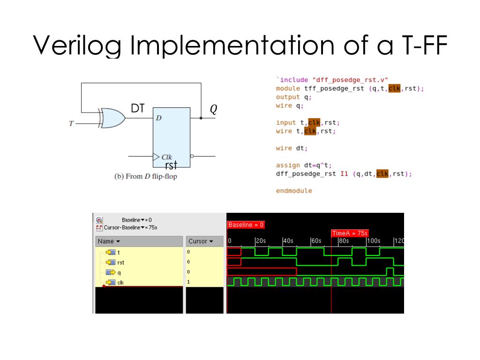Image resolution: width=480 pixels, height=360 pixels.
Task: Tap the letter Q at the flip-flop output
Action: (213, 109)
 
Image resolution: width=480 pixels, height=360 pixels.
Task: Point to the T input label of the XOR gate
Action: (71, 124)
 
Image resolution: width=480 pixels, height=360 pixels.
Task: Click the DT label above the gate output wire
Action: (137, 109)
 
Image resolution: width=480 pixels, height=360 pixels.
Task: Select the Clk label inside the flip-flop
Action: (166, 157)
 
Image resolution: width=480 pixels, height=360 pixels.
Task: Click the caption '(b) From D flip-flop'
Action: (146, 177)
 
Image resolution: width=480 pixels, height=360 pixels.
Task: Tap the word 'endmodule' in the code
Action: (294, 191)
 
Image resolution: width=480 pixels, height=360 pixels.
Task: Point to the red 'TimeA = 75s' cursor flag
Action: (350, 233)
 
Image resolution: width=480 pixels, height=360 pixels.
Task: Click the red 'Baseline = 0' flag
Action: (246, 225)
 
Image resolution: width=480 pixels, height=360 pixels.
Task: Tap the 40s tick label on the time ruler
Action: (288, 241)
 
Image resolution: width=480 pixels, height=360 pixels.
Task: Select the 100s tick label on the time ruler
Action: (373, 241)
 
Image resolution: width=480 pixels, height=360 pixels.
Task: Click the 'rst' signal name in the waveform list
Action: (120, 262)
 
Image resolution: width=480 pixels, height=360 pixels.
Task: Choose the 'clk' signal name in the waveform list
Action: (120, 282)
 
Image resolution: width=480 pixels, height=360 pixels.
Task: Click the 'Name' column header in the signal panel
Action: (109, 241)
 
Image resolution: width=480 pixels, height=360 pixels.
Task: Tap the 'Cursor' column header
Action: (200, 241)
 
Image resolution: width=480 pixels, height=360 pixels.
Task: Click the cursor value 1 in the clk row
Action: (188, 282)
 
